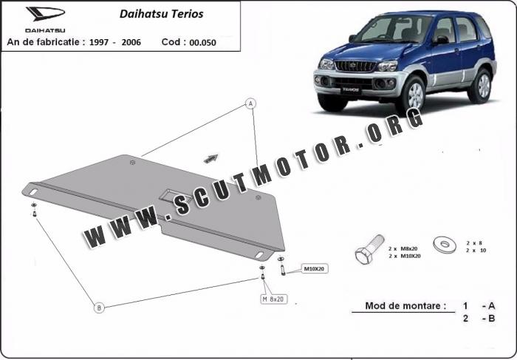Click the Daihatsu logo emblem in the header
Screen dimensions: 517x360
[x=46, y=13]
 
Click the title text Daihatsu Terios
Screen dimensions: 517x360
[x=161, y=14]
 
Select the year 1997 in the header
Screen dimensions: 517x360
[x=99, y=42]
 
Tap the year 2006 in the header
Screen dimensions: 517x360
[x=131, y=42]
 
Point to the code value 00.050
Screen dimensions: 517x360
[x=203, y=43]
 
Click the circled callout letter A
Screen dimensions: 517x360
[x=250, y=103]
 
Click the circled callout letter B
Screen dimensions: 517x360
[x=99, y=308]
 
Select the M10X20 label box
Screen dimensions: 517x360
[x=314, y=269]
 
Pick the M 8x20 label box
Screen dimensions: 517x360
[x=274, y=299]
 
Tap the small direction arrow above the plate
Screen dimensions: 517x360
[x=210, y=158]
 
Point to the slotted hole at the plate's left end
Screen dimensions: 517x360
[x=33, y=191]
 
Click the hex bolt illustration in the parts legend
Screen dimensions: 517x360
[x=369, y=249]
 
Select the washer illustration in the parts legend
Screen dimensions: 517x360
[x=445, y=245]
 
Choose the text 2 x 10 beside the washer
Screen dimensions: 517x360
[x=476, y=251]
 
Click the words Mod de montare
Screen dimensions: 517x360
[x=405, y=306]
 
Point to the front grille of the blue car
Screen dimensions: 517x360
[x=355, y=66]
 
